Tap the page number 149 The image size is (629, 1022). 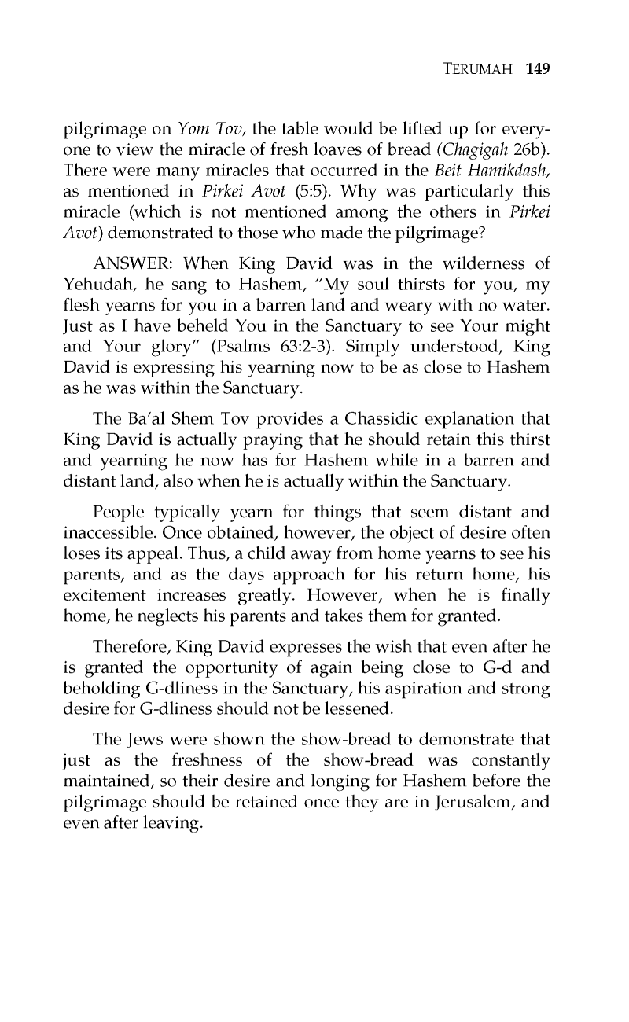pos(536,68)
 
